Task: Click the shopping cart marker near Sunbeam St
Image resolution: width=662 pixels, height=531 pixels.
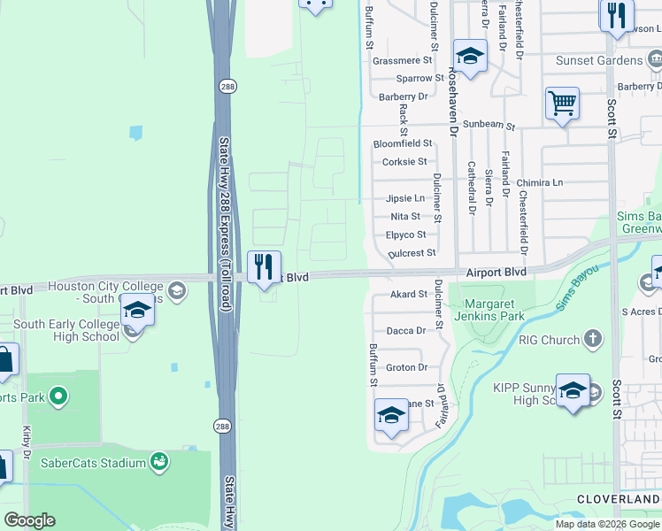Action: tap(562, 104)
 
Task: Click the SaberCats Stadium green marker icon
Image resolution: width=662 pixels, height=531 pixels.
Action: tap(159, 461)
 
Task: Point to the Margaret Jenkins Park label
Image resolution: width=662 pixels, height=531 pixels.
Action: tap(489, 310)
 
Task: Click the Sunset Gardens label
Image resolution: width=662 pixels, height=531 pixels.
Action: tap(598, 60)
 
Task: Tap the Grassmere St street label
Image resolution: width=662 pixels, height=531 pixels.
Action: tap(402, 61)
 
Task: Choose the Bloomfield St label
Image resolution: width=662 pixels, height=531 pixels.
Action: tap(402, 143)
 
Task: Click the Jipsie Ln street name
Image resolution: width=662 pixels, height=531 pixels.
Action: tap(404, 198)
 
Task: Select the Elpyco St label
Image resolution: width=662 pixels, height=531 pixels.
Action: tap(405, 235)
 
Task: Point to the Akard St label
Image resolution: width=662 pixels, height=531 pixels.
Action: tap(408, 295)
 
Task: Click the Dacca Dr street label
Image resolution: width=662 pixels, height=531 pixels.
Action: tap(407, 330)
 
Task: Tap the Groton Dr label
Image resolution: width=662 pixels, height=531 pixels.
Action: tap(407, 367)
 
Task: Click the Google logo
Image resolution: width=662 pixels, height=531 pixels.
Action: tap(29, 520)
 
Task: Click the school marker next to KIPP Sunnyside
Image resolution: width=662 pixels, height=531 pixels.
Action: tap(573, 390)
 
